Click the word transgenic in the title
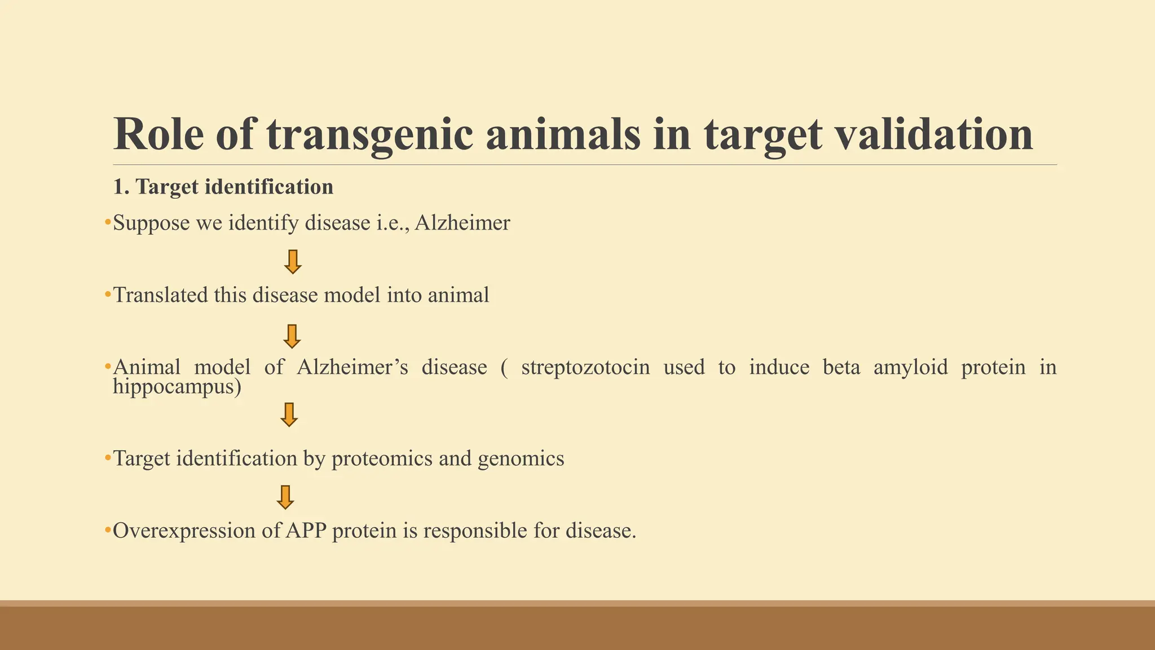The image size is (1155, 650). [369, 135]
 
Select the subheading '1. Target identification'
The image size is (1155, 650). [223, 187]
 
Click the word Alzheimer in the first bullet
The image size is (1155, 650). [462, 223]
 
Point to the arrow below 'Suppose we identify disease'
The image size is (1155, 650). [292, 262]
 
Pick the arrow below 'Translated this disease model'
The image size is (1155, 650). [292, 336]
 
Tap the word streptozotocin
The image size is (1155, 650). [585, 367]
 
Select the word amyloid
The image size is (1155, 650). [910, 367]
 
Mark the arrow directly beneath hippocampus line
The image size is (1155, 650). [289, 415]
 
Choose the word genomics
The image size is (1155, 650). [521, 459]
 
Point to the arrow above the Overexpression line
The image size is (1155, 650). [285, 497]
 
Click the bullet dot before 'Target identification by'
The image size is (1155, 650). [108, 458]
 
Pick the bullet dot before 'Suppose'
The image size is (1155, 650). [108, 223]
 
